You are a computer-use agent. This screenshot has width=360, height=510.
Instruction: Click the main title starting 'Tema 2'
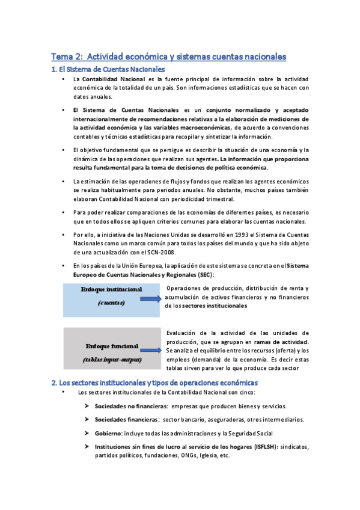coord(168,57)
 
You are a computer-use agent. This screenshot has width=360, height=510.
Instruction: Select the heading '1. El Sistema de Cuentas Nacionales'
coord(109,70)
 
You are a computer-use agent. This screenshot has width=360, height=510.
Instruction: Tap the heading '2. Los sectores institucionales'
coord(154,382)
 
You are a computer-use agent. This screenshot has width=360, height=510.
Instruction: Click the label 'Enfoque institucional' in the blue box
coord(111,289)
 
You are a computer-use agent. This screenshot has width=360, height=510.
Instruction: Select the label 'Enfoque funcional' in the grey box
coord(112,346)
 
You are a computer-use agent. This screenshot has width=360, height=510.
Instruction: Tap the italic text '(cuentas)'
coord(111,303)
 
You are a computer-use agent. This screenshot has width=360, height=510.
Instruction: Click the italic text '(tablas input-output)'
coord(112,360)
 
